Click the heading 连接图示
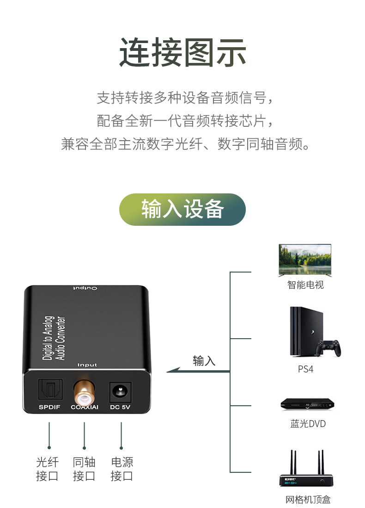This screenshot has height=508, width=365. coord(182,53)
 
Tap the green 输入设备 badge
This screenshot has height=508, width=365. coord(182,209)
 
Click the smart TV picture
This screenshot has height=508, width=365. coord(305,260)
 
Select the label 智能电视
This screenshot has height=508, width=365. coord(305,285)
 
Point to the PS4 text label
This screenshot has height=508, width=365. coord(305,370)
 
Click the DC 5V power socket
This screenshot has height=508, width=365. coord(121,392)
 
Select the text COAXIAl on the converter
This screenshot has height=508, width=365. coord(85,408)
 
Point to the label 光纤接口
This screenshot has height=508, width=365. coord(48,469)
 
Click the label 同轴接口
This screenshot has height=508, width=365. coord(84,469)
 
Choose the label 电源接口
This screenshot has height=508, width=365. coord(122,469)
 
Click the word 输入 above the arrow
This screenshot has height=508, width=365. coord(204,361)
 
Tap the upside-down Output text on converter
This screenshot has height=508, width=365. coord(85,289)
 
